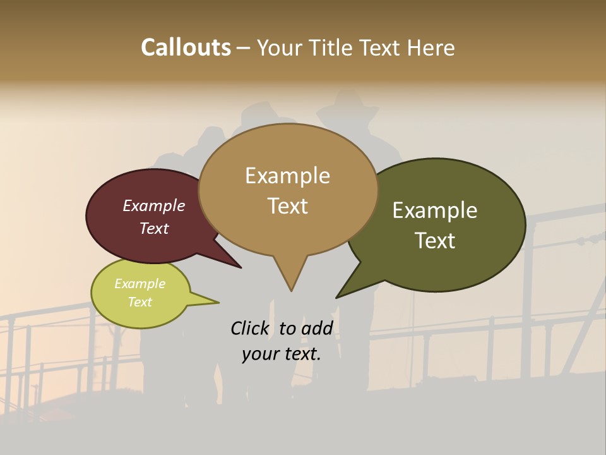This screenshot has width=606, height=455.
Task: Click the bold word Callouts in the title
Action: point(186,47)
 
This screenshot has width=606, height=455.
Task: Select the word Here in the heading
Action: point(431,47)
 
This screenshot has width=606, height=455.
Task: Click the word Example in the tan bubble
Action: point(287,176)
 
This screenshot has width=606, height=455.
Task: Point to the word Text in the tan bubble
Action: point(287,206)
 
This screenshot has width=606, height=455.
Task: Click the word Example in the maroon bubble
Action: point(154,205)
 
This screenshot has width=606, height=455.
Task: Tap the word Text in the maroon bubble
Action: point(154,228)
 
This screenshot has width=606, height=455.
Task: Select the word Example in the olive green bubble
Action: point(435,210)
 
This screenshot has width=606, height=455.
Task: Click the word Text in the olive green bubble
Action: point(435,241)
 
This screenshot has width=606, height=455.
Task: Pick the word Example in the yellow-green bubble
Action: point(140,284)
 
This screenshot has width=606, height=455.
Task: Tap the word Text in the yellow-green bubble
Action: point(140,302)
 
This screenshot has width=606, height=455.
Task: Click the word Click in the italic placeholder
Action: point(250,328)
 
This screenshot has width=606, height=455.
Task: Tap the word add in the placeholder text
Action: point(316,328)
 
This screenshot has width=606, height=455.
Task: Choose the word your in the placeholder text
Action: point(259,354)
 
